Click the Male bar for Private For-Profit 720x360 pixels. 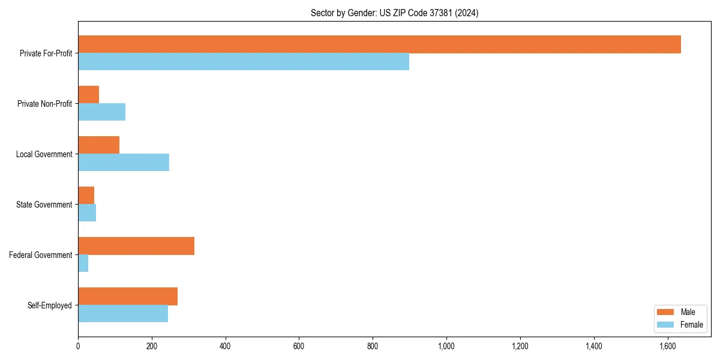coord(379,44)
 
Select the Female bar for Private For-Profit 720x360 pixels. coord(244,62)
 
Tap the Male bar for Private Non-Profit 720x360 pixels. coord(88,95)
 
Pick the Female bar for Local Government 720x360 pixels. coord(124,163)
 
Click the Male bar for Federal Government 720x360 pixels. coord(136,246)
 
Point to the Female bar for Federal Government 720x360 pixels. coord(83,263)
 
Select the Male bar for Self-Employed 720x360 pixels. coord(128,296)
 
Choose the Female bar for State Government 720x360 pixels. coord(87,213)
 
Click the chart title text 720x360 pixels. coord(394,13)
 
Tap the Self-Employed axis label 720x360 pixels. coord(50,305)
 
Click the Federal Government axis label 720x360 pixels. coord(41,255)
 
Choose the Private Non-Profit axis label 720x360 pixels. coord(44,104)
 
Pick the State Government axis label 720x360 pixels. coord(44,205)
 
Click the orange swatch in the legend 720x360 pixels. coord(666,312)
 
